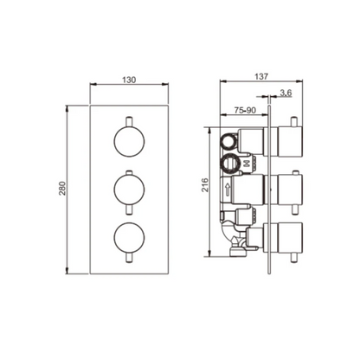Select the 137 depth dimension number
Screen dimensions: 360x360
[258, 75]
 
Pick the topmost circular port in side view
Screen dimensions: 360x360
[229, 140]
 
